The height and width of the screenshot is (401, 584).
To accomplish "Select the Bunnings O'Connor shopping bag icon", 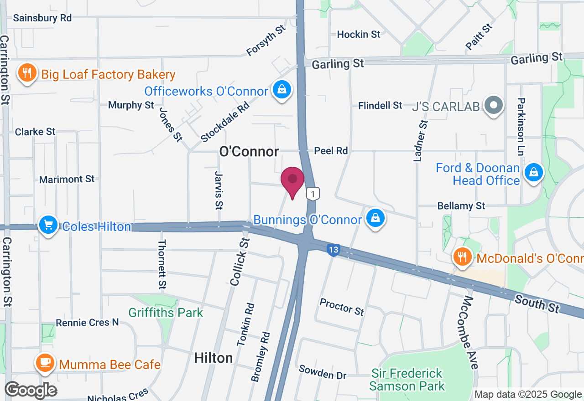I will [x=375, y=219].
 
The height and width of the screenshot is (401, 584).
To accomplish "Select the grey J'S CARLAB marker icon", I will [x=493, y=106].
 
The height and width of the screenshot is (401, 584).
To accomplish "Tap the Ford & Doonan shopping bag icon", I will [x=532, y=173].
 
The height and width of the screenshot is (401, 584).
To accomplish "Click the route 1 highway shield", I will [x=312, y=194].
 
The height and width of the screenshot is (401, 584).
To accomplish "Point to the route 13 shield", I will [x=334, y=250].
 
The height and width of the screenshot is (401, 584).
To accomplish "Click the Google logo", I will [x=31, y=390].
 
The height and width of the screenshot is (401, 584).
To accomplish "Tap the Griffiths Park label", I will [x=166, y=313].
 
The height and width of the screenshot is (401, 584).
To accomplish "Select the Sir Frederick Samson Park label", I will [x=407, y=380].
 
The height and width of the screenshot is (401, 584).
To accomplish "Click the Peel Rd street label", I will [x=331, y=151].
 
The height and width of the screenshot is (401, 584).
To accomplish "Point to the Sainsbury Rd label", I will [x=42, y=18].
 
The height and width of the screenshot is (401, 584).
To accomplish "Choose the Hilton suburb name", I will [x=214, y=358].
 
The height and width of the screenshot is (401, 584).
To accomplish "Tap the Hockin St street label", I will [x=359, y=34].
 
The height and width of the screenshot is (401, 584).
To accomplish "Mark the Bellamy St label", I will [x=461, y=206].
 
